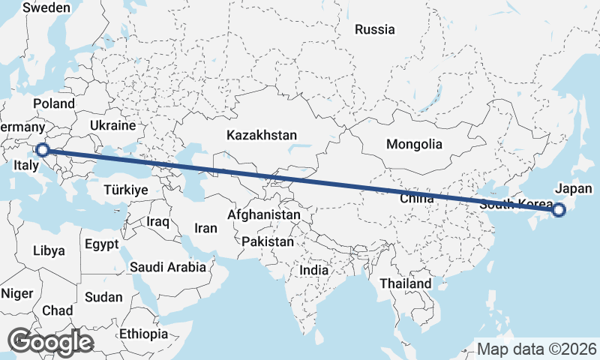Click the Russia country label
coord(375,30)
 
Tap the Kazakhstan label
coord(262,136)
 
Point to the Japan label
coord(574,188)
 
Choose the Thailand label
coord(406,283)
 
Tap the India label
coord(313,270)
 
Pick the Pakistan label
coord(268,241)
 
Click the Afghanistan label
coord(263,214)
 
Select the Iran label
coord(205,228)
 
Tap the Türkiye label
coord(126,190)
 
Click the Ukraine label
coord(112,125)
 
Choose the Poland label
coord(54,103)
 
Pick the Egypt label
coord(101,244)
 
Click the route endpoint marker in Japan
coord(558,210)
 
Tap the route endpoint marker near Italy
coord(43,150)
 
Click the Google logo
coord(50,342)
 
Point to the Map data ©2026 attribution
coord(536,349)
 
